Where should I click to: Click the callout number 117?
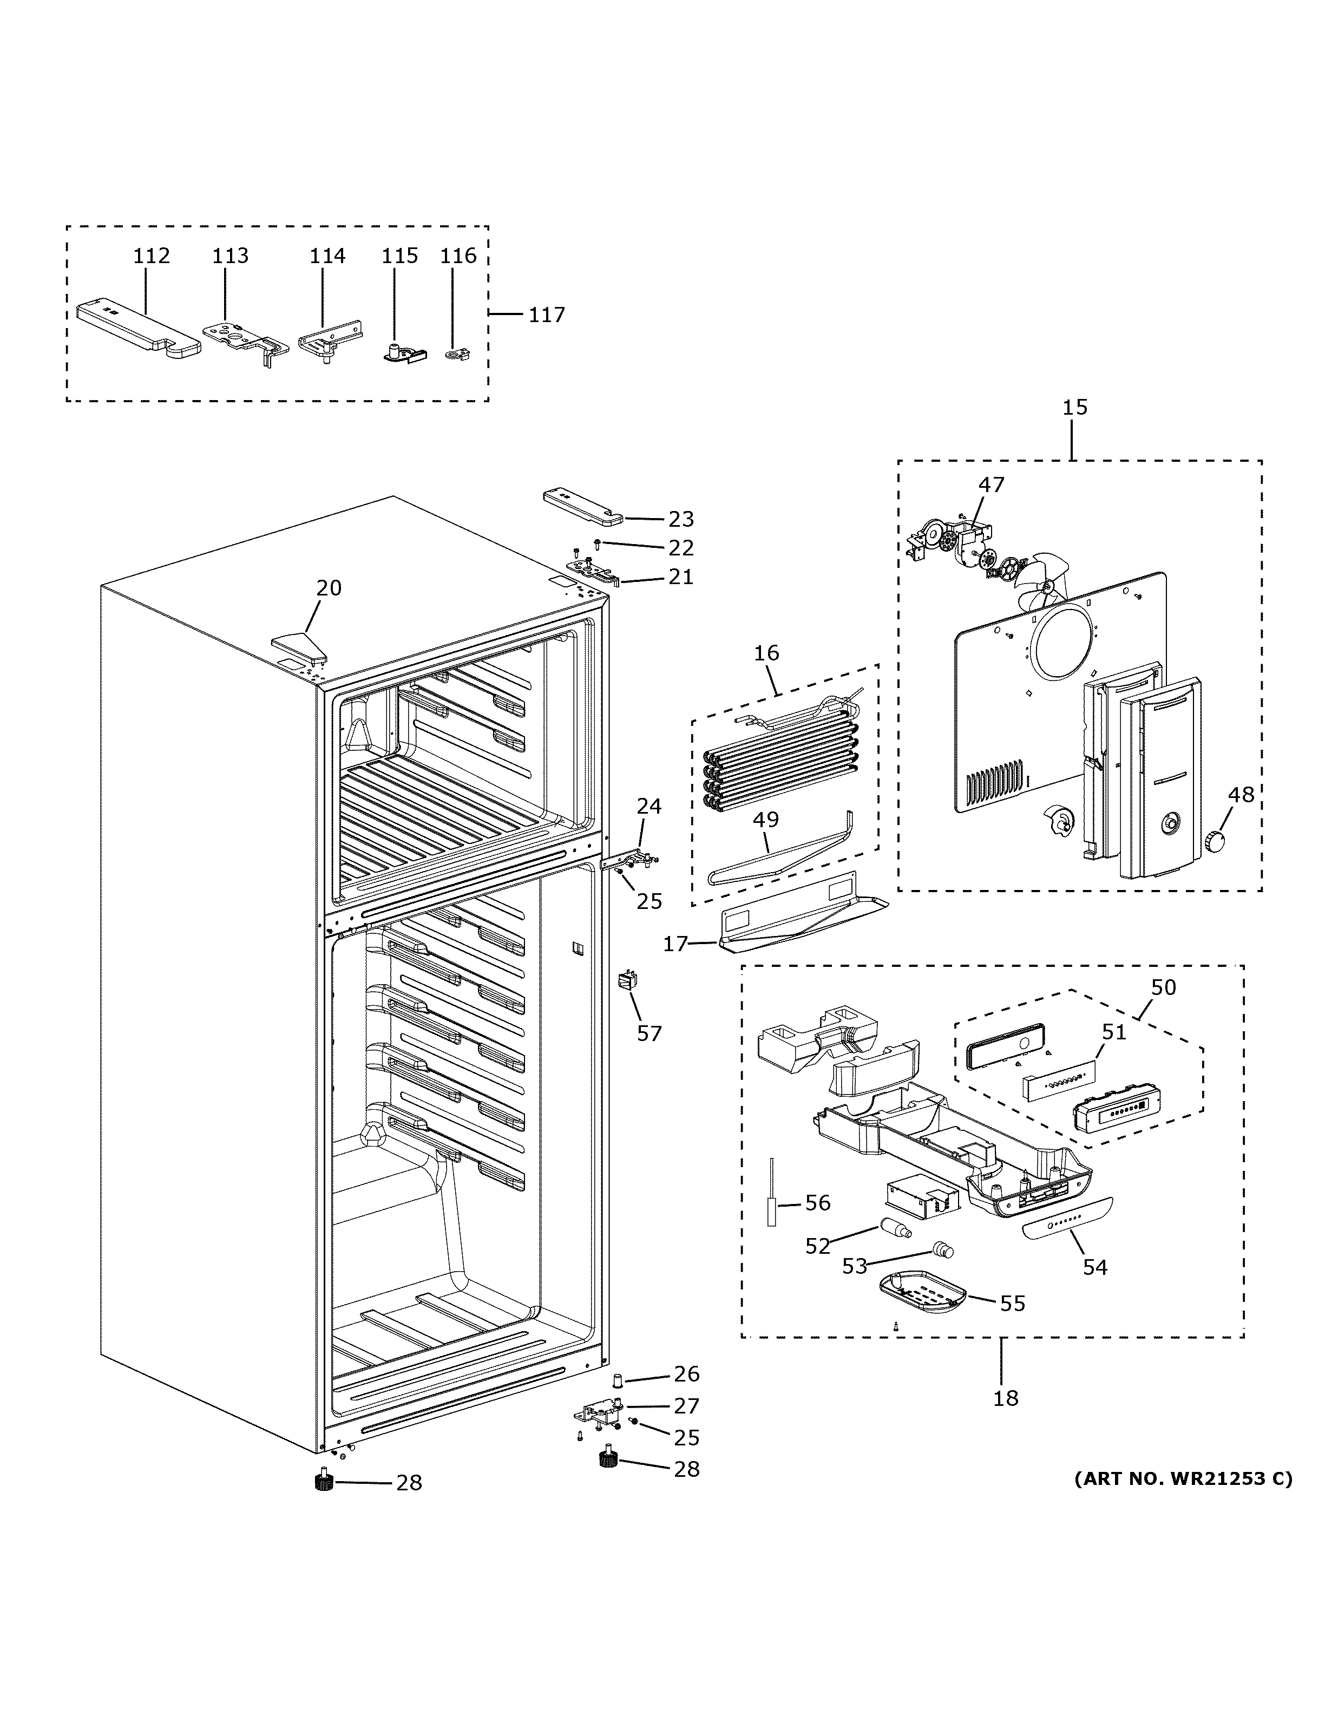coord(546,315)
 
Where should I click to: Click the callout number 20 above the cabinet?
coord(329,587)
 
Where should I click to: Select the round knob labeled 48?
coord(1216,840)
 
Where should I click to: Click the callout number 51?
coord(1114,1031)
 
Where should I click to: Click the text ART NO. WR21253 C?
coord(1182,1478)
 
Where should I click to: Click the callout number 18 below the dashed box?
coord(1006,1398)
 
